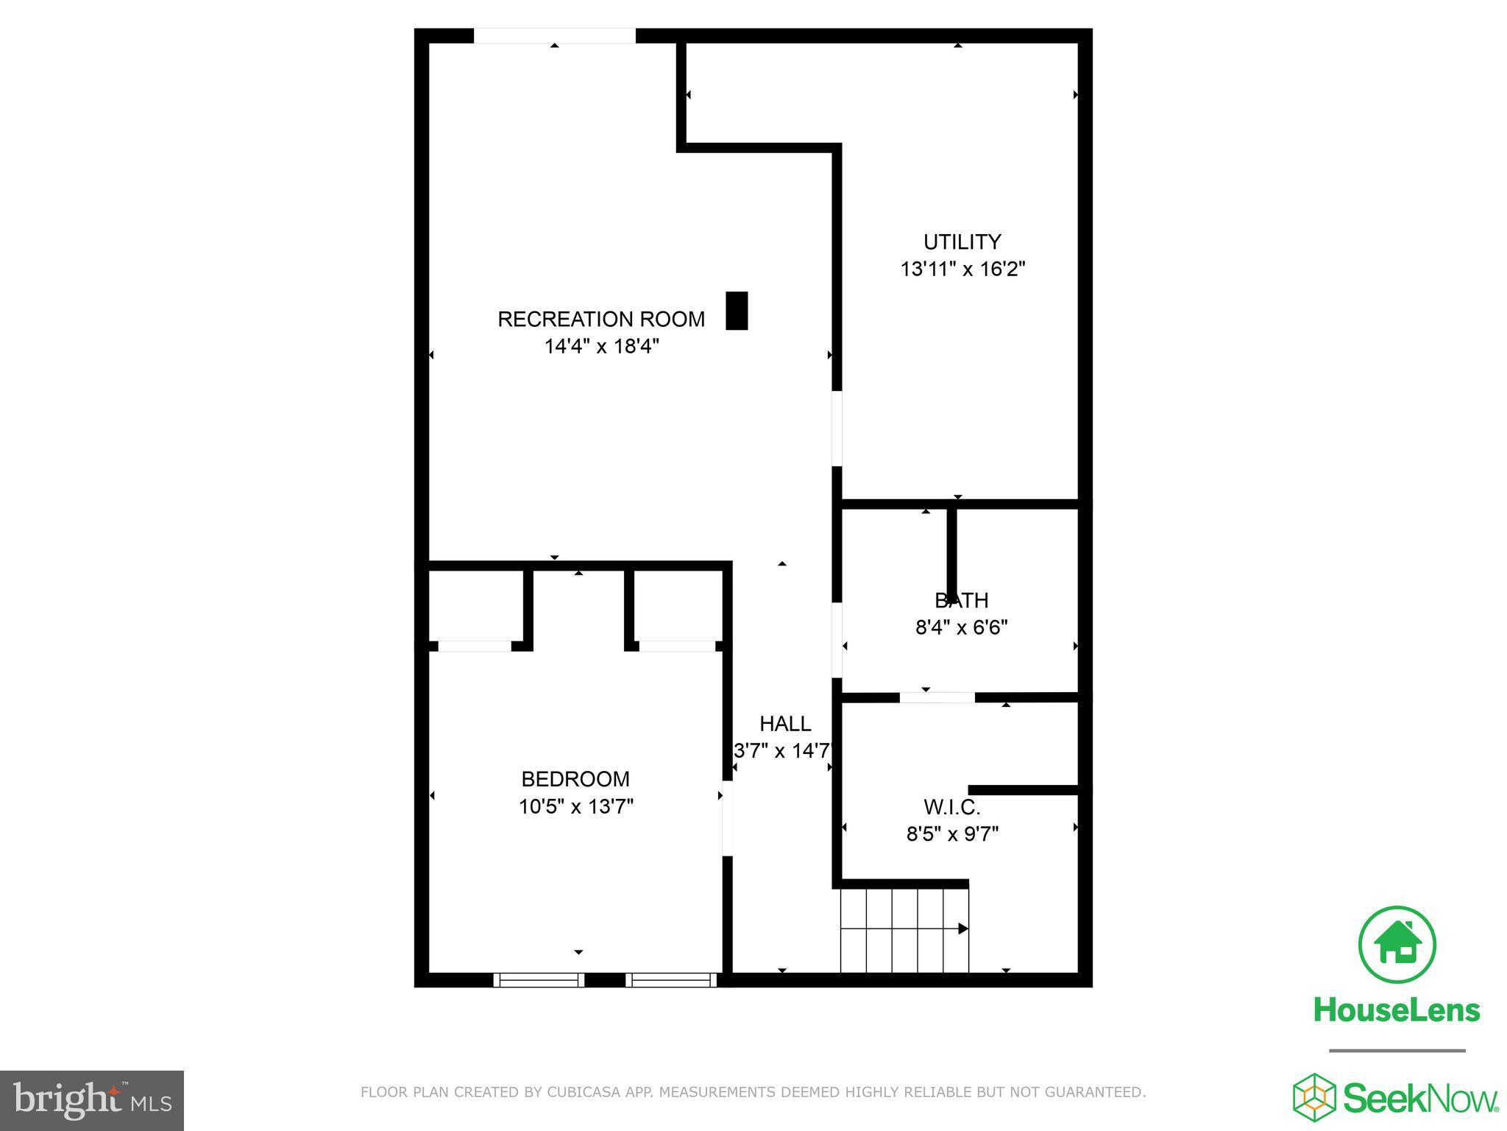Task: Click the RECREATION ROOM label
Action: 601,319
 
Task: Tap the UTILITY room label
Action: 962,242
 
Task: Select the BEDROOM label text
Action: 575,779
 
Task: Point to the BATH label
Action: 962,601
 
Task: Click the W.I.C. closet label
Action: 952,808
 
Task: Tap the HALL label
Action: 785,724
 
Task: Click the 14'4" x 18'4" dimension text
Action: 601,346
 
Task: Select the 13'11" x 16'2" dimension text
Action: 962,269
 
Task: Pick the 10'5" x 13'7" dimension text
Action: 575,806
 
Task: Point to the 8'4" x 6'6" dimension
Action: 961,627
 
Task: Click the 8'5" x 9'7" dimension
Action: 952,834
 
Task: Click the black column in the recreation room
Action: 737,311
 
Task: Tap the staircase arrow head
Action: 963,929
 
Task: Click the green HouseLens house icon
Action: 1397,945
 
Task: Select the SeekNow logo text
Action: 1420,1099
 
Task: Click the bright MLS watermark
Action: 92,1101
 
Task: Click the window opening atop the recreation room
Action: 554,36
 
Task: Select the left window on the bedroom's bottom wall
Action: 539,980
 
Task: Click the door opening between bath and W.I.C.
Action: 937,697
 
